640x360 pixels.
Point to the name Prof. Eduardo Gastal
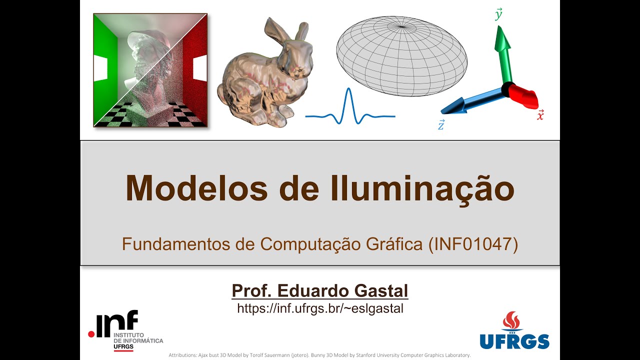[x=320, y=290]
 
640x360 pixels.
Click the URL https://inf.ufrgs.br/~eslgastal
[x=320, y=308]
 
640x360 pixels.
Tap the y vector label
[x=498, y=15]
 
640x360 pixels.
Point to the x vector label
[x=540, y=115]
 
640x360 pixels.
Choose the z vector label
[x=441, y=125]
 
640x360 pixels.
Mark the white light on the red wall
[x=200, y=68]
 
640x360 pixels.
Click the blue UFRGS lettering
[x=514, y=341]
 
